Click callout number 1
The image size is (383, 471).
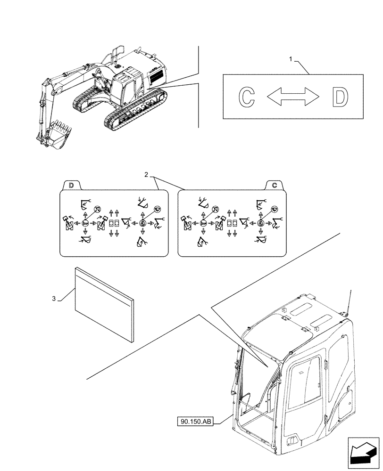tap(291, 59)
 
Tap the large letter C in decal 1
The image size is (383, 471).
tap(245, 97)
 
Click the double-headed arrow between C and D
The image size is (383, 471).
tap(293, 97)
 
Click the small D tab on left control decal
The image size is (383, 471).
tap(71, 185)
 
